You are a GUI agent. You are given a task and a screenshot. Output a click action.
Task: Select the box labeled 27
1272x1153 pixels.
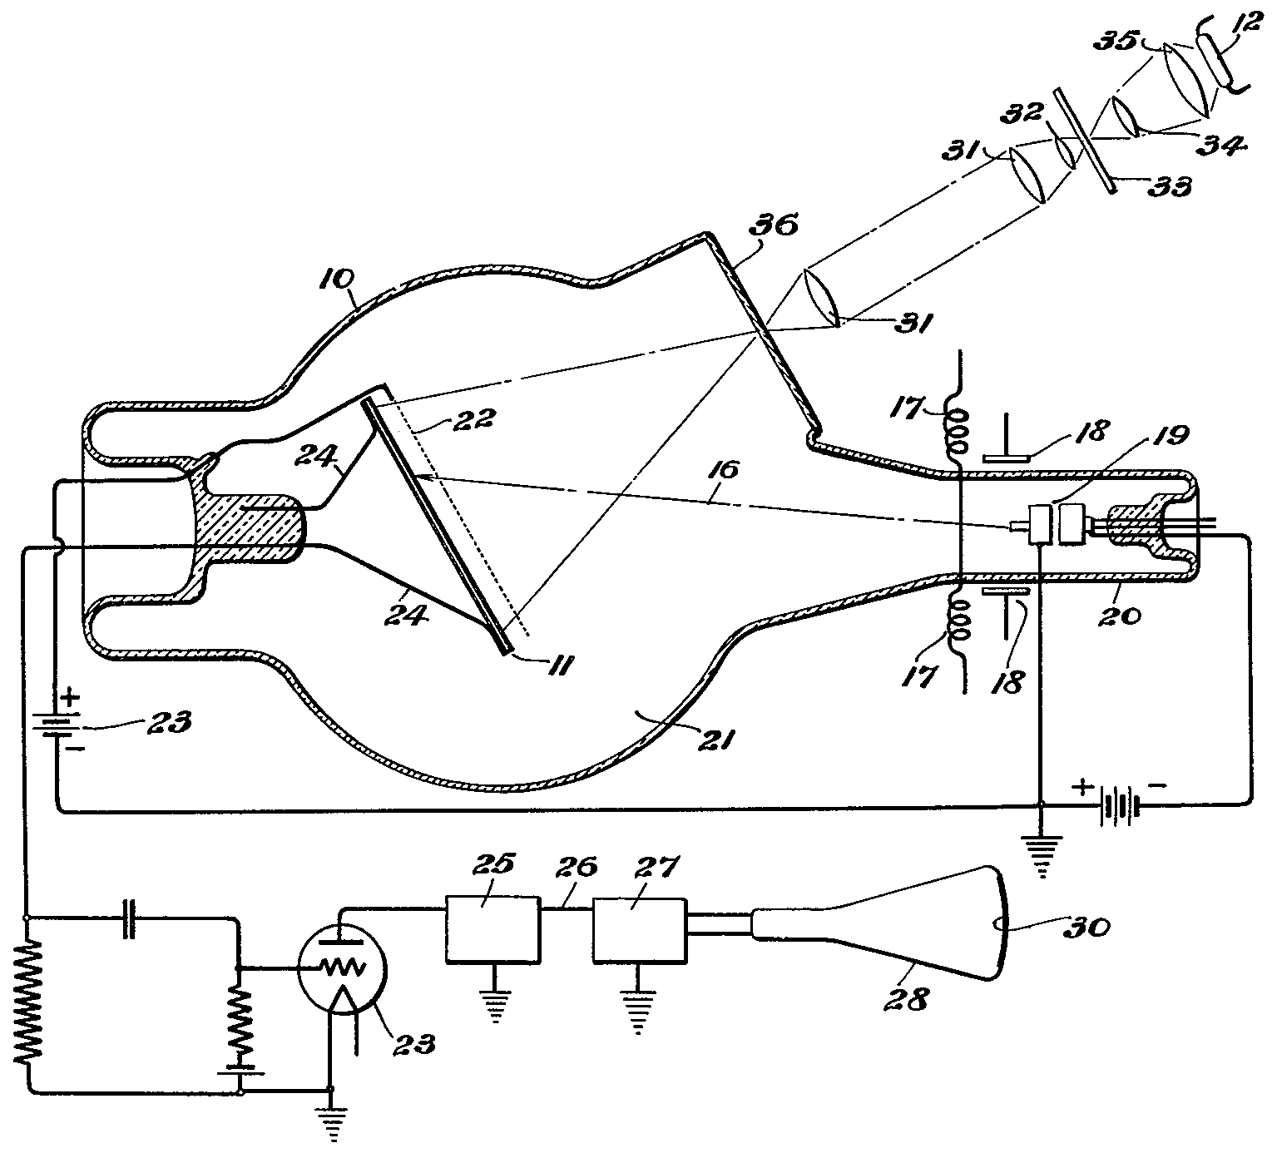pos(639,931)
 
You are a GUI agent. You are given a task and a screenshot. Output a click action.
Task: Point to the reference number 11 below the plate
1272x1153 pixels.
pos(560,666)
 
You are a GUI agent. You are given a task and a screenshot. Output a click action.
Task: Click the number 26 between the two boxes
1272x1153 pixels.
pos(579,868)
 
